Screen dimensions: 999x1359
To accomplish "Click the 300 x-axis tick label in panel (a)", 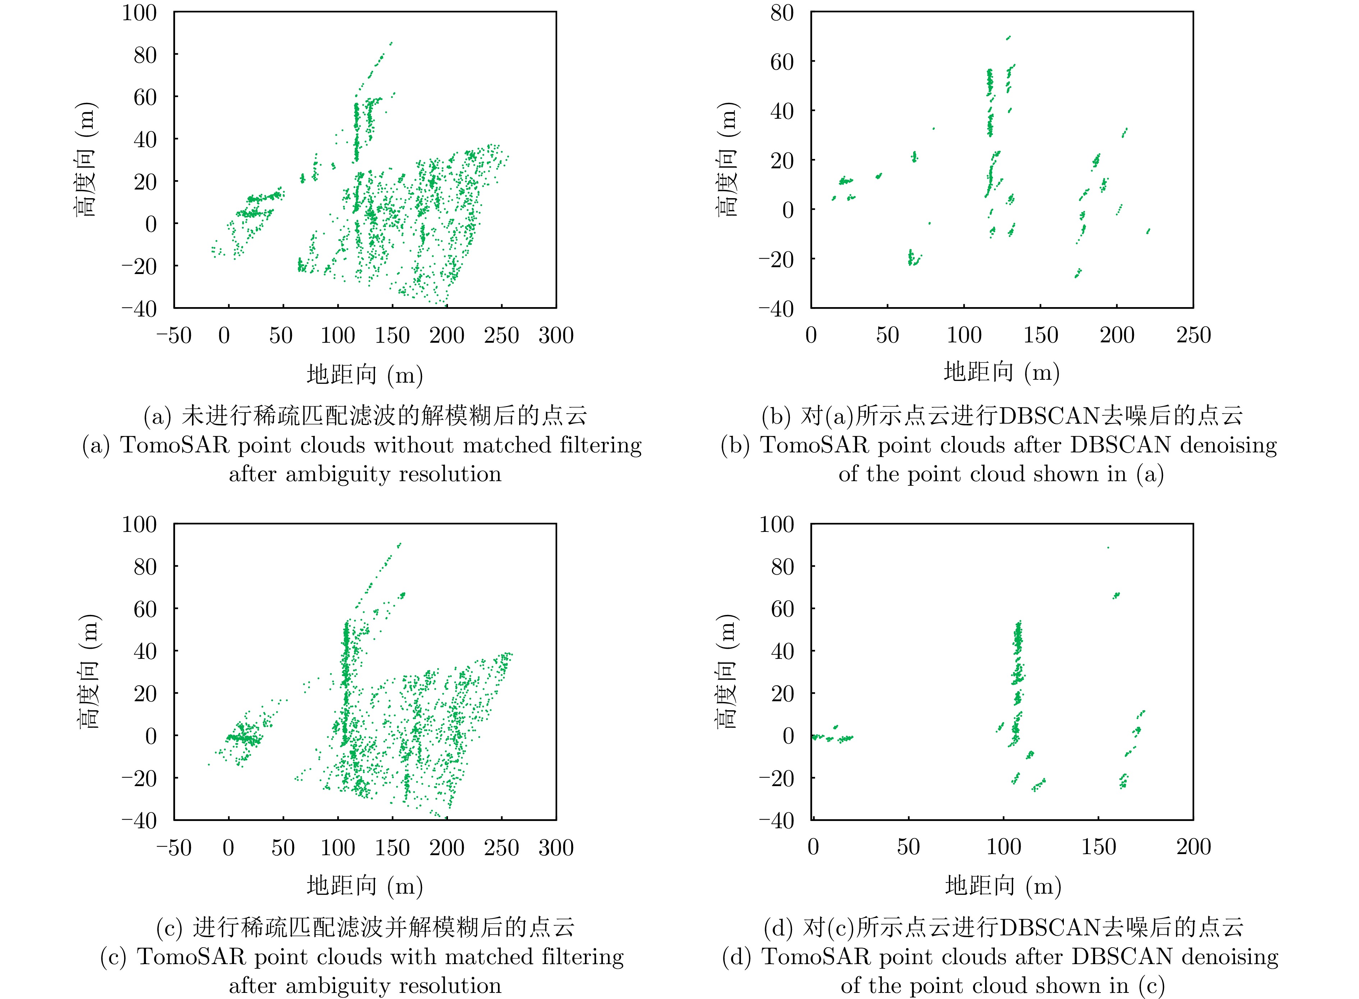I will tap(555, 336).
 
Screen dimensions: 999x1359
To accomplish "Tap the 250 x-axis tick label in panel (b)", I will tap(1193, 336).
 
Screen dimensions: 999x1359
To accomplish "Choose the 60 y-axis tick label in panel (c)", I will tap(145, 609).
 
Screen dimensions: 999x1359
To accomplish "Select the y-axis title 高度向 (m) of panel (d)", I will tap(727, 671).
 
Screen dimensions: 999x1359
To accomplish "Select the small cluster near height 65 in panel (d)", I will tap(1116, 596).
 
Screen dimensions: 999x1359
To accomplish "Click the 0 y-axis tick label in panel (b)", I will tap(788, 210).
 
